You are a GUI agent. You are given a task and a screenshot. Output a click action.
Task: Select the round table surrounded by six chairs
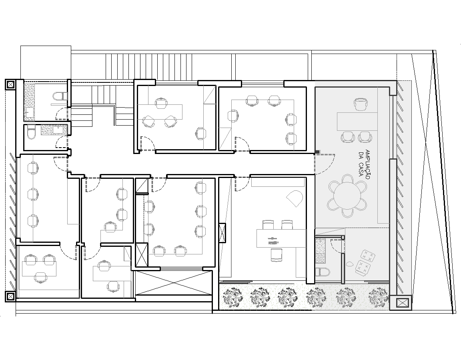click(x=347, y=196)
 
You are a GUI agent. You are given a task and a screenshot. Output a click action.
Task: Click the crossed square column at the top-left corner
click(x=10, y=85)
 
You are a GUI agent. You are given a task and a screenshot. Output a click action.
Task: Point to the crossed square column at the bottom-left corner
click(x=10, y=297)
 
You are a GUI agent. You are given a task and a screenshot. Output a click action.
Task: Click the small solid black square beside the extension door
click(x=317, y=152)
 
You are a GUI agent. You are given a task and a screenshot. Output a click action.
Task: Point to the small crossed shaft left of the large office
click(x=222, y=233)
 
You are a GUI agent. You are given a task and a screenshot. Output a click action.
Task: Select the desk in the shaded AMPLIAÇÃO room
click(x=357, y=121)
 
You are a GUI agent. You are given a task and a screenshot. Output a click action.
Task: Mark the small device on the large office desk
click(x=273, y=241)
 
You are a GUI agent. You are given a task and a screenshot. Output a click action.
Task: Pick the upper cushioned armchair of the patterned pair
click(x=368, y=254)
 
